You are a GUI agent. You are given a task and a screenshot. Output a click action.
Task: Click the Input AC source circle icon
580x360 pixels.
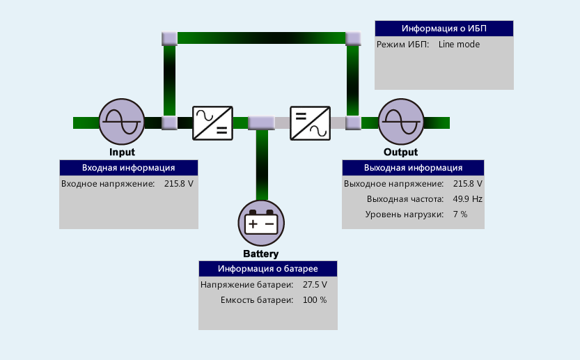click(121, 122)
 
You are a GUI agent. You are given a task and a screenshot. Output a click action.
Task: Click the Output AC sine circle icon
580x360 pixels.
click(401, 123)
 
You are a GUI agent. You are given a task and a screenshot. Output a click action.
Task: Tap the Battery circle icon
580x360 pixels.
click(261, 223)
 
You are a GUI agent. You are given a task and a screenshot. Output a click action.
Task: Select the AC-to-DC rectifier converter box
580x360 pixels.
click(212, 123)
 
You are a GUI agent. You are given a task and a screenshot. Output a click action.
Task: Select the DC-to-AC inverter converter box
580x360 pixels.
click(310, 123)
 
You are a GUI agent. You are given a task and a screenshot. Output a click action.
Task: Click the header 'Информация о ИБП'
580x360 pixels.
click(444, 29)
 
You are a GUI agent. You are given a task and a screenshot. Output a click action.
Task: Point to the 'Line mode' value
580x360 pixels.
click(459, 45)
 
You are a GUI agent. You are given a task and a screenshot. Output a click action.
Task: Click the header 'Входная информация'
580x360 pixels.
click(128, 168)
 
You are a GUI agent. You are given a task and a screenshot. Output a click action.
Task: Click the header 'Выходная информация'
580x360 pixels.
click(413, 168)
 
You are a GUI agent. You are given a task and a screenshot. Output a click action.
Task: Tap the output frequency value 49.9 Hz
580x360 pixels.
click(467, 199)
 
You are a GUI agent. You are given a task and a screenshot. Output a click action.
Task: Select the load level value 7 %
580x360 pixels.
click(460, 214)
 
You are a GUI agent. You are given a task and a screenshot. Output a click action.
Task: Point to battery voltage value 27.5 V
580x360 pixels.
click(315, 285)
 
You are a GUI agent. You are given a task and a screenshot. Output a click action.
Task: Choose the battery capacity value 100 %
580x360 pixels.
click(314, 300)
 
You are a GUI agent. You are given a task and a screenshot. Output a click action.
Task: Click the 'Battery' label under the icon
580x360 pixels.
click(260, 253)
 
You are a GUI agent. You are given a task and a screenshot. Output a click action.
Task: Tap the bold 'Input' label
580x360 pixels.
click(122, 152)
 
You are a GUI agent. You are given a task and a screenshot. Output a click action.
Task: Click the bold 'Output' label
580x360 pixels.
click(400, 152)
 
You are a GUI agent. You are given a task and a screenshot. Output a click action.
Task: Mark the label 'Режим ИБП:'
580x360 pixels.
click(402, 45)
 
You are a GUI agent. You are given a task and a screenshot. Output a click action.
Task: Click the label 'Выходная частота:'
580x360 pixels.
click(405, 199)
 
